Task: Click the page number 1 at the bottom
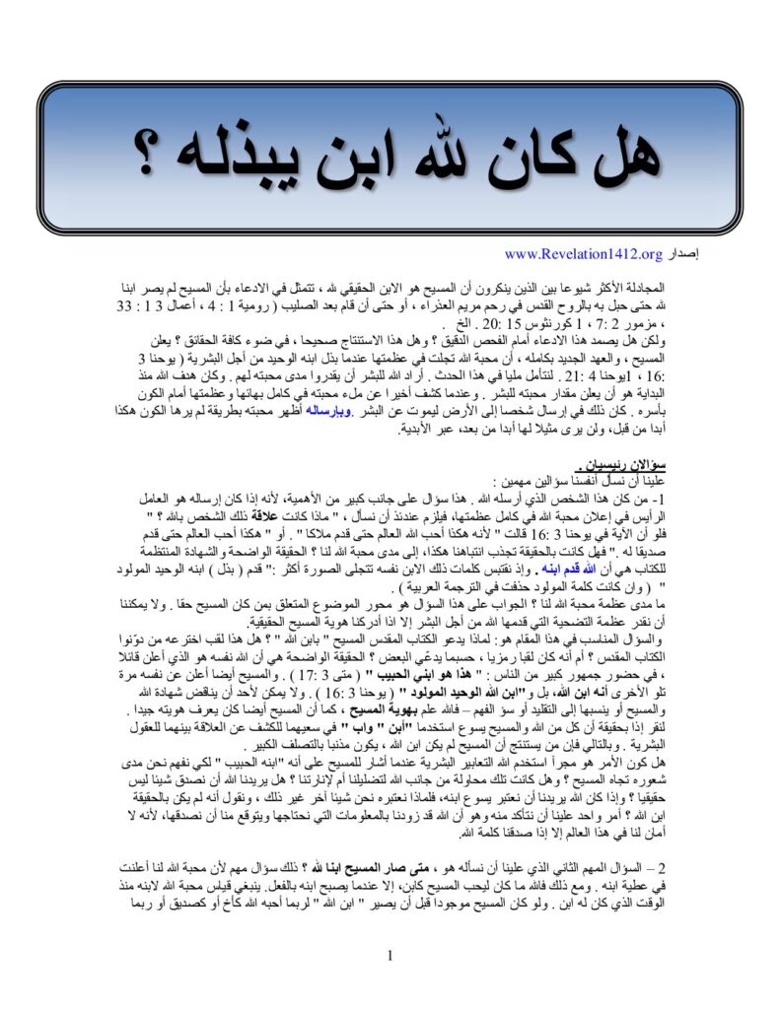[x=390, y=955]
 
